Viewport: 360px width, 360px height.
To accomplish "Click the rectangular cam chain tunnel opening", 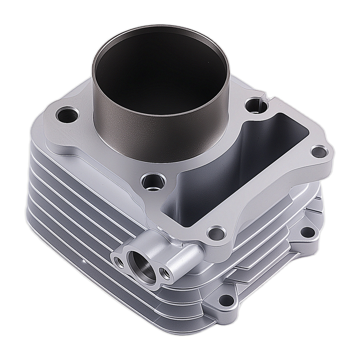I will click(x=230, y=173).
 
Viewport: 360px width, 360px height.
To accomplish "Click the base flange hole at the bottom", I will click(x=226, y=298).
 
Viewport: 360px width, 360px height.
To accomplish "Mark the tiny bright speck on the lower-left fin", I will click(x=84, y=258).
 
